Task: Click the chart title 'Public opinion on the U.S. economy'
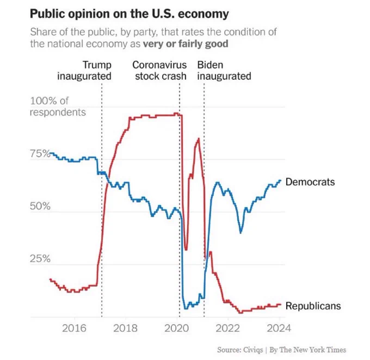tap(129, 14)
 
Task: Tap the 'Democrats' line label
tap(310, 182)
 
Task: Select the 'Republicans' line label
tap(313, 306)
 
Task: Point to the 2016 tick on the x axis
tap(74, 328)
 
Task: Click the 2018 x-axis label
tap(125, 328)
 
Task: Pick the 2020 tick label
tap(176, 328)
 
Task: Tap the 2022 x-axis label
tap(227, 328)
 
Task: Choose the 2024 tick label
tap(279, 328)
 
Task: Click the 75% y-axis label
tap(40, 153)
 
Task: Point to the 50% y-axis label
tap(40, 206)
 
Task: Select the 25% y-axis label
tap(40, 258)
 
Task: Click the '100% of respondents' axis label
tap(58, 107)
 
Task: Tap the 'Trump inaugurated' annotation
tap(84, 71)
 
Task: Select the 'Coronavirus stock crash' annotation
tap(159, 71)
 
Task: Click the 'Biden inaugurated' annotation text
tap(224, 71)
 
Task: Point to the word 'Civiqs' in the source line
tap(252, 350)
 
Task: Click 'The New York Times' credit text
tap(313, 350)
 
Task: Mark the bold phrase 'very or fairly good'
tap(186, 44)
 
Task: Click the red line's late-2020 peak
tap(199, 139)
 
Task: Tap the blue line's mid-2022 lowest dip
tap(240, 233)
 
